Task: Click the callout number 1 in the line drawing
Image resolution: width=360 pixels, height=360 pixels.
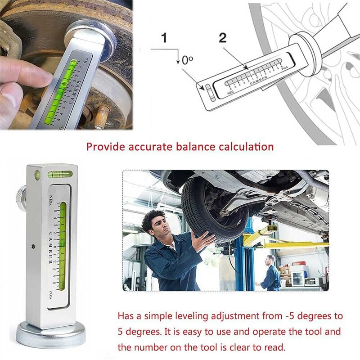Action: point(164,38)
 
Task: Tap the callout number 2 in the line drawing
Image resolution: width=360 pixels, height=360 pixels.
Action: point(222,38)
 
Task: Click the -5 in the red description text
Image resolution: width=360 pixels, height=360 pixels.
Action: point(280,316)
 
